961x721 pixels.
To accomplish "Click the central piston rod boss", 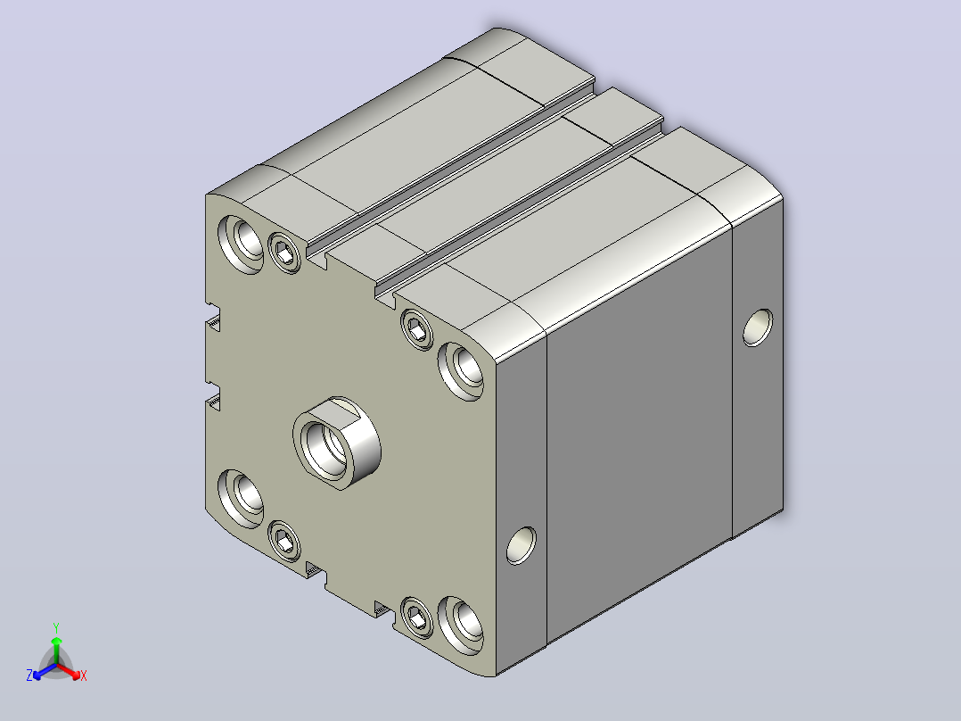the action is pyautogui.click(x=336, y=443).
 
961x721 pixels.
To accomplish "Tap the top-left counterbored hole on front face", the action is pyautogui.click(x=241, y=244).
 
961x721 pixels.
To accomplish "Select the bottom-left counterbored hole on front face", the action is pyautogui.click(x=241, y=498).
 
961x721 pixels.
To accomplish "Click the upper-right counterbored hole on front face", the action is pyautogui.click(x=461, y=371).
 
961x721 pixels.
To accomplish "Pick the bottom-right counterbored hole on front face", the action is pyautogui.click(x=461, y=626).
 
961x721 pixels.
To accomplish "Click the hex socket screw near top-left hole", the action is pyautogui.click(x=285, y=253).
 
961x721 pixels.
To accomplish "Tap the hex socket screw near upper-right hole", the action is pyautogui.click(x=417, y=329).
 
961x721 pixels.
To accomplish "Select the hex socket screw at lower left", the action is pyautogui.click(x=285, y=541).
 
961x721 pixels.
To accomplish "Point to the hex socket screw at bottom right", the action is pyautogui.click(x=417, y=617).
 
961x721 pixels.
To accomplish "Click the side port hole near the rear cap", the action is pyautogui.click(x=758, y=327).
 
